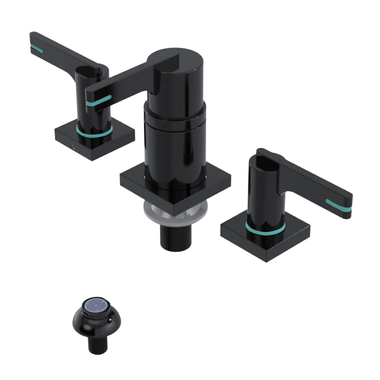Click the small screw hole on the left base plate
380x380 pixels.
pos(73,146)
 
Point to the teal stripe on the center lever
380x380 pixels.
pos(98,101)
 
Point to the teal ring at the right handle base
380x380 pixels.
pos(265,229)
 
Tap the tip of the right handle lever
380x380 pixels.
pos(349,205)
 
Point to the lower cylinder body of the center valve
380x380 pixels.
pos(175,152)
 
